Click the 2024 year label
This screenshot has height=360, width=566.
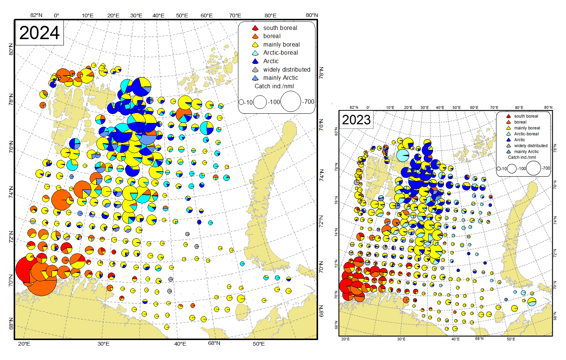pyautogui.click(x=39, y=33)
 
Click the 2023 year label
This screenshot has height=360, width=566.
pyautogui.click(x=356, y=120)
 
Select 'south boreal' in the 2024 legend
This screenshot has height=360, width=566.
pyautogui.click(x=280, y=28)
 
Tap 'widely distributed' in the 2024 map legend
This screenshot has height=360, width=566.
pyautogui.click(x=286, y=70)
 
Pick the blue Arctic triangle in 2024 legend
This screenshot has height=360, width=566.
pyautogui.click(x=255, y=61)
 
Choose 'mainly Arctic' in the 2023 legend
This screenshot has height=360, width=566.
pyautogui.click(x=526, y=152)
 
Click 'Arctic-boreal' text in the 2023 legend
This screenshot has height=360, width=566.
pyautogui.click(x=526, y=134)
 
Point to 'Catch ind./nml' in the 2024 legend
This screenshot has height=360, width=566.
pyautogui.click(x=274, y=86)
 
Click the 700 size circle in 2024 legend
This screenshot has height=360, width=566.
pyautogui.click(x=291, y=102)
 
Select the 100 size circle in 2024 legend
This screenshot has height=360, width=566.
pyautogui.click(x=260, y=102)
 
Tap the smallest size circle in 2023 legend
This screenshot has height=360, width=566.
pyautogui.click(x=498, y=169)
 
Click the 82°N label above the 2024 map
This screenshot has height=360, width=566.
pyautogui.click(x=36, y=15)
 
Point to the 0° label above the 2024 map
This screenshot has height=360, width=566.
pyautogui.click(x=56, y=16)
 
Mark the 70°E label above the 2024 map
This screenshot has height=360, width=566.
pyautogui.click(x=235, y=16)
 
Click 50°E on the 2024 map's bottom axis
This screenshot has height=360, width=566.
pyautogui.click(x=259, y=344)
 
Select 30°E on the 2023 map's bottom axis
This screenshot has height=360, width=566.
pyautogui.click(x=401, y=339)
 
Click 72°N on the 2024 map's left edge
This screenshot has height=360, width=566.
pyautogui.click(x=11, y=236)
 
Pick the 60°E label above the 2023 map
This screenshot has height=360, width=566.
pyautogui.click(x=474, y=108)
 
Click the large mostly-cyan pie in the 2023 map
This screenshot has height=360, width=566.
pyautogui.click(x=403, y=155)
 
